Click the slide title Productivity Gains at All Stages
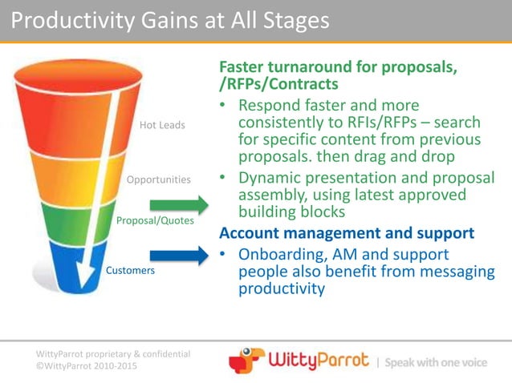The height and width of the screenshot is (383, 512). tap(170, 20)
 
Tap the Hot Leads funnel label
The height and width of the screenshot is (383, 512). tap(162, 125)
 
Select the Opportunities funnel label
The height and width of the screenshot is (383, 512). tap(159, 179)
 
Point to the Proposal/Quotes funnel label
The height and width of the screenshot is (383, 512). tap(156, 220)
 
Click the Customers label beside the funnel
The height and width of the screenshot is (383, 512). tap(130, 271)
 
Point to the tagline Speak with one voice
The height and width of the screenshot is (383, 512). tap(436, 362)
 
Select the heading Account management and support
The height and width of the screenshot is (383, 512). tap(347, 233)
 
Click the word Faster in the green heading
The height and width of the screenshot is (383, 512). tap(245, 68)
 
